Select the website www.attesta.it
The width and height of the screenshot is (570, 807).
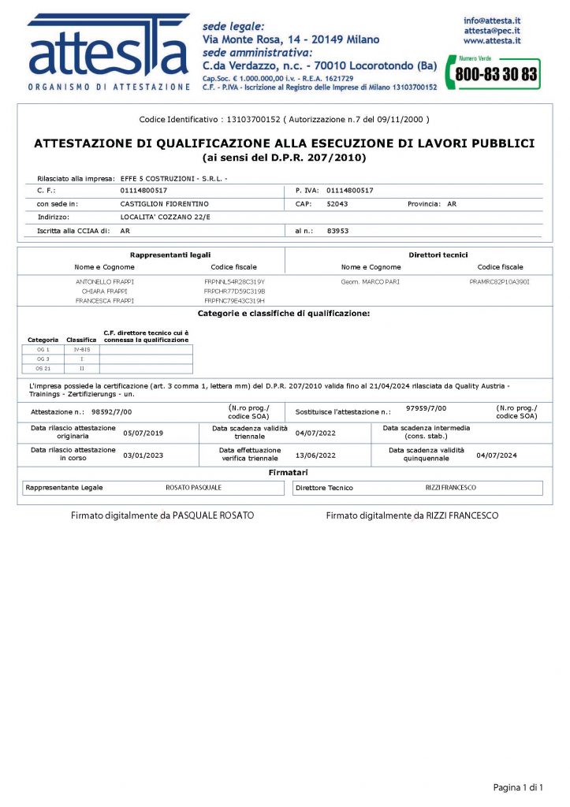click(x=491, y=39)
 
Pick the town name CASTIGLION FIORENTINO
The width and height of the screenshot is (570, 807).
click(x=164, y=203)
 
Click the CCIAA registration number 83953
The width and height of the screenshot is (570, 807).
click(x=337, y=231)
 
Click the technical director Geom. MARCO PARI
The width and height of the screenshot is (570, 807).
click(x=371, y=281)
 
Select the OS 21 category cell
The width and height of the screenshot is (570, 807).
click(x=43, y=368)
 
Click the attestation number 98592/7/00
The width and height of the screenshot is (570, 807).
click(x=112, y=411)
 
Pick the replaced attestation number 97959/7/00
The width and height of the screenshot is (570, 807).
click(x=426, y=408)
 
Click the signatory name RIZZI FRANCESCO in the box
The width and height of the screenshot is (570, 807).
click(x=450, y=488)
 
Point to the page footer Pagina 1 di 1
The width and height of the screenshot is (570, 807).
click(x=519, y=787)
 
